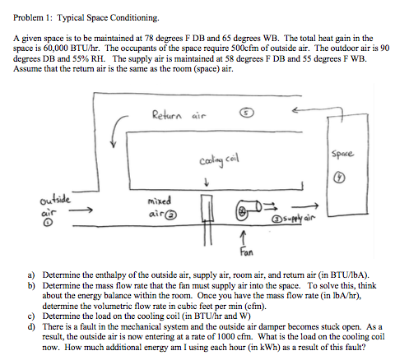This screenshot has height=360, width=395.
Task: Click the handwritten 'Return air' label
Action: click(174, 115)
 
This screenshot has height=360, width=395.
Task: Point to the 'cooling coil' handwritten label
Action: click(213, 160)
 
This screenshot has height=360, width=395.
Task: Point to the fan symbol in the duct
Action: click(247, 211)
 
